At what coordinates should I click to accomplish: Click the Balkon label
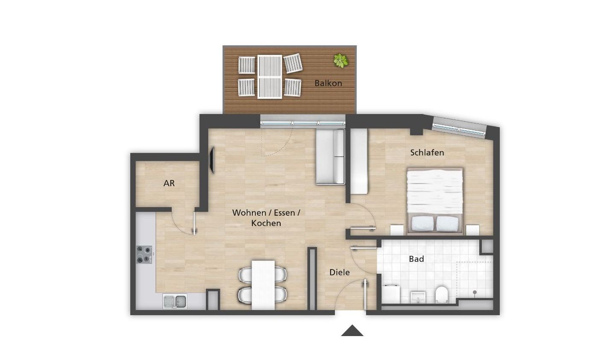[x=328, y=83]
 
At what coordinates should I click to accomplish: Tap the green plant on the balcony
[x=341, y=61]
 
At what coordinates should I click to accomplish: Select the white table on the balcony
[x=270, y=77]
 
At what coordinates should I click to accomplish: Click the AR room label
[x=169, y=183]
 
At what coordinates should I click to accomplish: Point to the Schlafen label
[x=427, y=152]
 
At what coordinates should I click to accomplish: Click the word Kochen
[x=266, y=223]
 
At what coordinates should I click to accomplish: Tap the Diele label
[x=340, y=272]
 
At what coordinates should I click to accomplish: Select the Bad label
[x=416, y=259]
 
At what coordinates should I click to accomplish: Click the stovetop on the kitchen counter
[x=144, y=254]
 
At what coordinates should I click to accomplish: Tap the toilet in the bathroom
[x=441, y=295]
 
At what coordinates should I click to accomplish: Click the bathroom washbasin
[x=418, y=297]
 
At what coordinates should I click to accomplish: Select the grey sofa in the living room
[x=330, y=157]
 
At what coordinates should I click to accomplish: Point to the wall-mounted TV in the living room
[x=212, y=160]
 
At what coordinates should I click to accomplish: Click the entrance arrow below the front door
[x=352, y=331]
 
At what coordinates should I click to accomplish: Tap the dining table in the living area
[x=263, y=285]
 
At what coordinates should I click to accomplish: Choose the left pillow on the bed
[x=422, y=223]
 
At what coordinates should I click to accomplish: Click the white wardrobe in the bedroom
[x=359, y=161]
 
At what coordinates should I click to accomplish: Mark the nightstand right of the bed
[x=472, y=230]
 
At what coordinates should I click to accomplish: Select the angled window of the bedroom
[x=460, y=127]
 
